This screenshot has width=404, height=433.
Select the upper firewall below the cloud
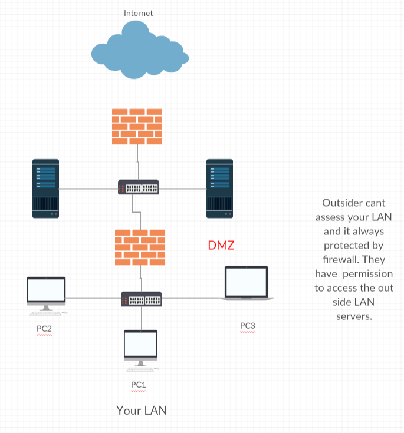tap(137, 126)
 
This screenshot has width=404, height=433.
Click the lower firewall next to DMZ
tap(140, 247)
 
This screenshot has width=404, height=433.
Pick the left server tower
tap(45, 188)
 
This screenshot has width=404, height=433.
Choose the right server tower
tap(219, 188)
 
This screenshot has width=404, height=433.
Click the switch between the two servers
tap(138, 187)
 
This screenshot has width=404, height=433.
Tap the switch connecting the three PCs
tap(141, 298)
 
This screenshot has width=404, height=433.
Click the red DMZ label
tap(221, 245)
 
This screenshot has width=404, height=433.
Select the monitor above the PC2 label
tap(46, 293)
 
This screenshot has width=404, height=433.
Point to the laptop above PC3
tap(247, 283)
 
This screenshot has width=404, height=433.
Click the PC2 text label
tap(44, 328)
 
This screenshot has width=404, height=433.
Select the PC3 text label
tap(247, 325)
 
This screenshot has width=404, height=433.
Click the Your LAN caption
tap(142, 410)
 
